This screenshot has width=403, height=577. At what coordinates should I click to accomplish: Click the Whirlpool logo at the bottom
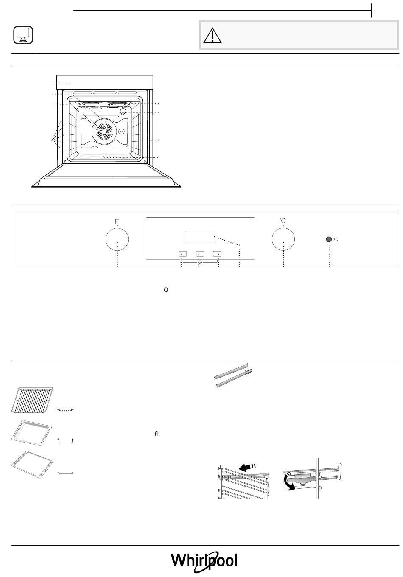coord(204,561)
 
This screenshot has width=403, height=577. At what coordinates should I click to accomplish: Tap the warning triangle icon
coord(212,35)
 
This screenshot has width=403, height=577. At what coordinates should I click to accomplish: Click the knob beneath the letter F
coord(117,239)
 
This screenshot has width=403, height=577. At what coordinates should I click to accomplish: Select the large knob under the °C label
coord(283,239)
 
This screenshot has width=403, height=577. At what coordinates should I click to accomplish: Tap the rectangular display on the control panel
coord(201,236)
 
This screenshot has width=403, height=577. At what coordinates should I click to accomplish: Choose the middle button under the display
coord(199,254)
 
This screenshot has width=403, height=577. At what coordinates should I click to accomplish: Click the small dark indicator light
coord(329,239)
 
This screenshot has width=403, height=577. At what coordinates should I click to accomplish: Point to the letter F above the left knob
coord(117,221)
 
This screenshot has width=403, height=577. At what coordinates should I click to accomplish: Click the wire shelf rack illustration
coord(33,399)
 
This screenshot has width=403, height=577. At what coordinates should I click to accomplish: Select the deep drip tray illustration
coord(33,431)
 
